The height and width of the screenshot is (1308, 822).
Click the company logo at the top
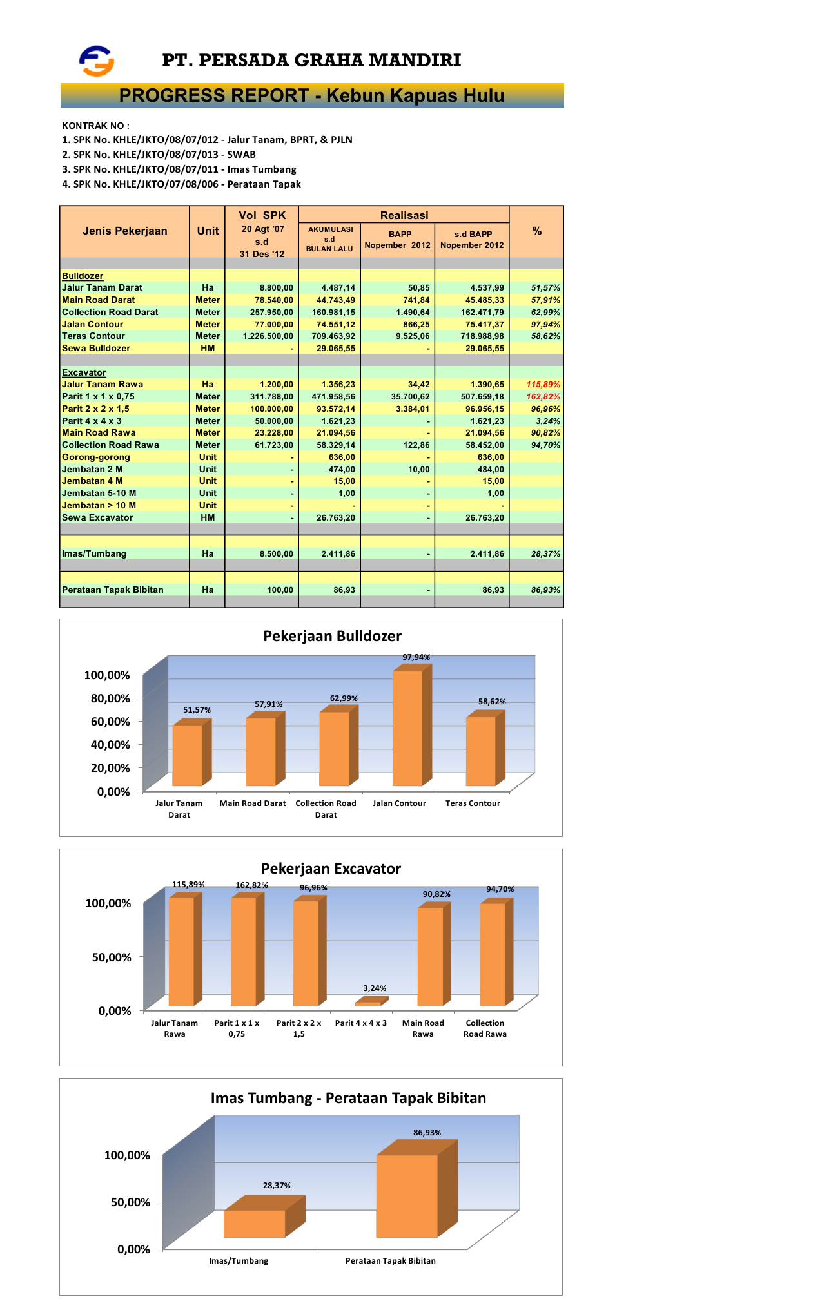click(97, 61)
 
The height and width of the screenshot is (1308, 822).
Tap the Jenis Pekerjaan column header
click(124, 231)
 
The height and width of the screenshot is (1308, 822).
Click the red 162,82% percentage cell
click(543, 397)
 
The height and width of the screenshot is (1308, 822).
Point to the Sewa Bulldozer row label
click(96, 349)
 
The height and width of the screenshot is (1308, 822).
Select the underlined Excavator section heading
click(84, 373)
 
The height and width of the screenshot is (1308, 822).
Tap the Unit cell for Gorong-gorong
click(208, 457)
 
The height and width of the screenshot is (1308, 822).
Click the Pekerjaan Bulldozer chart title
click(332, 636)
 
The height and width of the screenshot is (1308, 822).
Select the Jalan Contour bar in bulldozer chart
click(407, 728)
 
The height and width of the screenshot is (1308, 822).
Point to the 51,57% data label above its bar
click(197, 710)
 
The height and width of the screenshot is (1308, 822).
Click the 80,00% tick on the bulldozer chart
click(110, 698)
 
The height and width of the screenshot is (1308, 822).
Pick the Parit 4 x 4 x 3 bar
click(368, 1003)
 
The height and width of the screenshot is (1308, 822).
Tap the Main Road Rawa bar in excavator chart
click(430, 956)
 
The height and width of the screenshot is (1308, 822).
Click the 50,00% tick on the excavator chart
click(112, 957)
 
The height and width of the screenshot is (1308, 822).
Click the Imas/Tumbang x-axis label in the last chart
click(239, 1261)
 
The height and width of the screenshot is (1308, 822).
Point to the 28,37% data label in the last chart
click(277, 1186)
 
